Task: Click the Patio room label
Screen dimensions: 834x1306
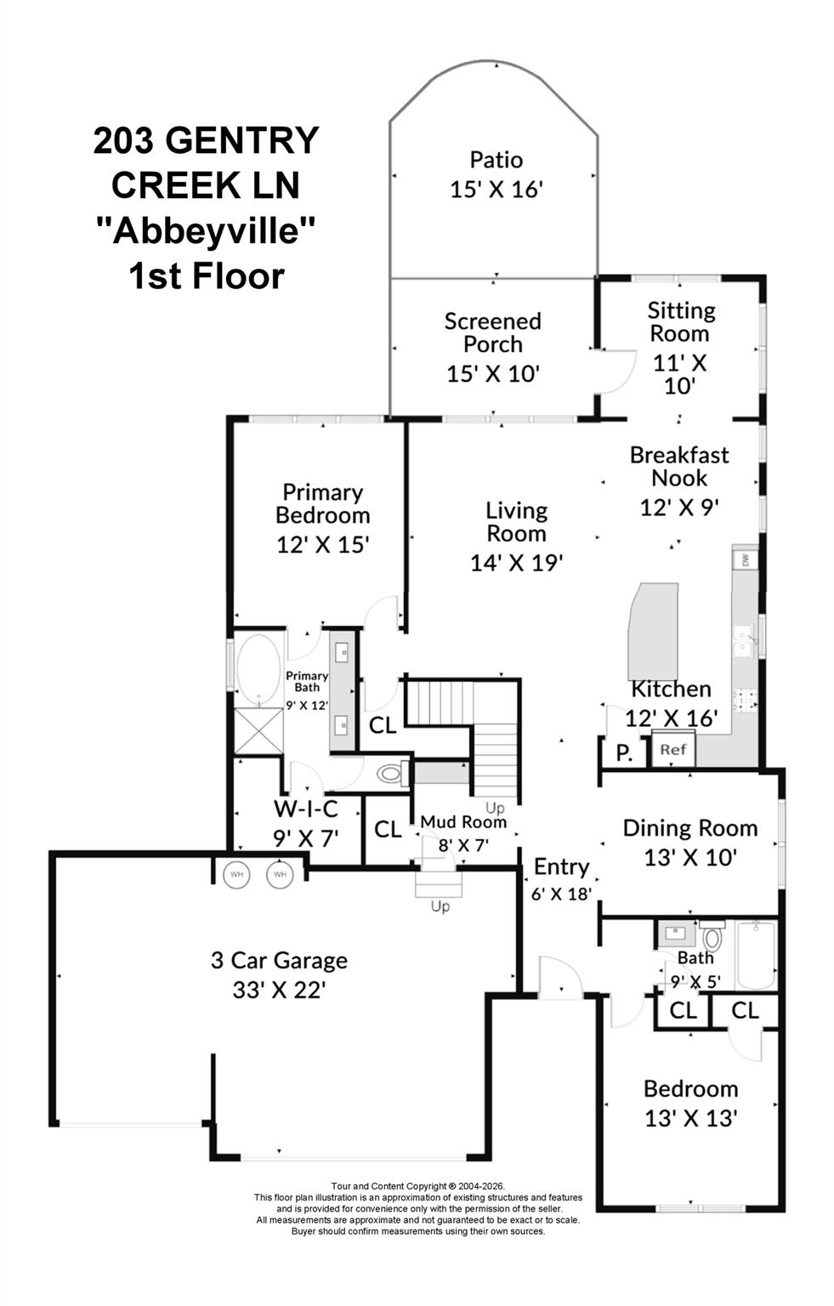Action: point(496,160)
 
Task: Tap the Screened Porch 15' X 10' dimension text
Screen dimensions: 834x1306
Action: point(492,374)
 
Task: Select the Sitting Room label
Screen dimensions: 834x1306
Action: point(680,322)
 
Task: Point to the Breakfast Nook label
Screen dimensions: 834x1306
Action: point(679,467)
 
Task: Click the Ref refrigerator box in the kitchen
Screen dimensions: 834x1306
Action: point(672,749)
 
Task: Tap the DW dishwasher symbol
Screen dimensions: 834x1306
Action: point(745,560)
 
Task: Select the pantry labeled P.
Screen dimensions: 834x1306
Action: point(624,754)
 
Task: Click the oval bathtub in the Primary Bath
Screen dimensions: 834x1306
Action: point(258,670)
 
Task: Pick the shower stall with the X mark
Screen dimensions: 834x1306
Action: point(258,731)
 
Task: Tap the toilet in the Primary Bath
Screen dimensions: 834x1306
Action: point(393,774)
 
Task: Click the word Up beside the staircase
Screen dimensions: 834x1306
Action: point(495,808)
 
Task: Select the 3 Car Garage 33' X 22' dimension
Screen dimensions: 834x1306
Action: point(279,990)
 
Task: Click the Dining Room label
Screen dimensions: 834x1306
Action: point(690,828)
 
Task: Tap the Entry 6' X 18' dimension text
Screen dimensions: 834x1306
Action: point(561,894)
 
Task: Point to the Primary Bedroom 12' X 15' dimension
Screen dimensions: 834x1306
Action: point(322,544)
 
